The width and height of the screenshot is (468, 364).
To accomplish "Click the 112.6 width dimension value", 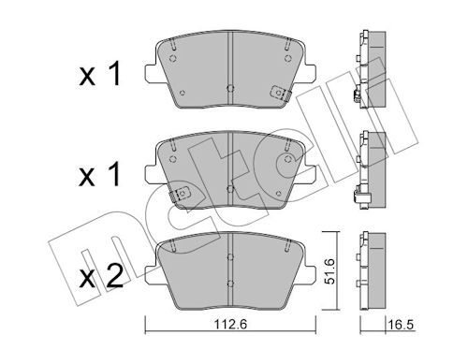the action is tap(230, 325).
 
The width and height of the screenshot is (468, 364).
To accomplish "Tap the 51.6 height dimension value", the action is tap(329, 271).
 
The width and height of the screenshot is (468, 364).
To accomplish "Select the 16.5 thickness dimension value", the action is tap(401, 325).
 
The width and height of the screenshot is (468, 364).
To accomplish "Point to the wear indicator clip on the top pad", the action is tap(279, 93).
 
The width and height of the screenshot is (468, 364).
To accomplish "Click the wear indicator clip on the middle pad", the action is tap(181, 194).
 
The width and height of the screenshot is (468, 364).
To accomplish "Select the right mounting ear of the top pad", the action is tap(309, 74).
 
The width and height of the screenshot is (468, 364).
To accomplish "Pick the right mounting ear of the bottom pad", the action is tap(309, 274).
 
